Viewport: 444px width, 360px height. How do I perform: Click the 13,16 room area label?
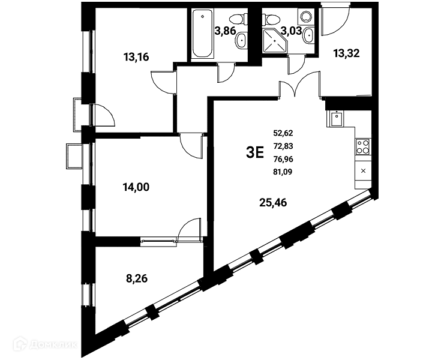[x=136, y=57]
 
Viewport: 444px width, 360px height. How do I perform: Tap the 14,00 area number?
[x=136, y=187]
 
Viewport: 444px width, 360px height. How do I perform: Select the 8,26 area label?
[x=137, y=279]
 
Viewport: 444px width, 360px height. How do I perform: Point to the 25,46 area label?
[x=273, y=203]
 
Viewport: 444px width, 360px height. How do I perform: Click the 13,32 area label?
[x=346, y=53]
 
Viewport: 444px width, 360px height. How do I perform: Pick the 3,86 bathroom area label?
[x=226, y=31]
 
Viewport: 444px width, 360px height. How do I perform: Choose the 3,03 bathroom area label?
[x=291, y=31]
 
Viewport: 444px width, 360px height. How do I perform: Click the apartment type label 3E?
[x=255, y=153]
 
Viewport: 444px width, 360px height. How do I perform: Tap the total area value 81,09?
[x=283, y=172]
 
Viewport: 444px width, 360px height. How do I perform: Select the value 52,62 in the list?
[x=283, y=133]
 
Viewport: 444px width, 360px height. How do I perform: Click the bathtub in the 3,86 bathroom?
[x=202, y=34]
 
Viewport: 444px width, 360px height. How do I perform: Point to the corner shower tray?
[x=275, y=41]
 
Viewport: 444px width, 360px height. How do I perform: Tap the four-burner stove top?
[x=363, y=147]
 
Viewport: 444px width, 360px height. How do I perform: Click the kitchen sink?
[x=337, y=118]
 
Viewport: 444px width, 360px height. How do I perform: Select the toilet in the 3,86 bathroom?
[x=237, y=20]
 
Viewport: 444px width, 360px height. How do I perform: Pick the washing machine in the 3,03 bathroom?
[x=305, y=16]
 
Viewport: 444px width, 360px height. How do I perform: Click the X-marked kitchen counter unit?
[x=363, y=171]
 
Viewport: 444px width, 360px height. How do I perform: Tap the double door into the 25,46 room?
[x=300, y=84]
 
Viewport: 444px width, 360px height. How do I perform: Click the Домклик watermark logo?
[x=46, y=344]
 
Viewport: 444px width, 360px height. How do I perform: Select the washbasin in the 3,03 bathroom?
[x=308, y=35]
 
